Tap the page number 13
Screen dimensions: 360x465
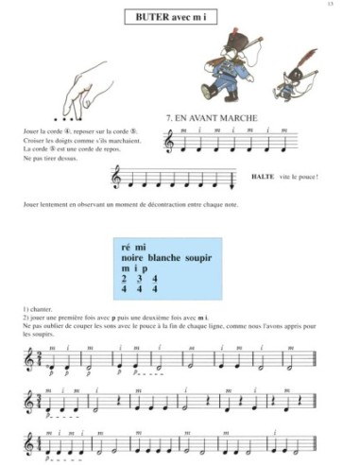(x=345, y=5)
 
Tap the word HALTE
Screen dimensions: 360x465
(x=265, y=177)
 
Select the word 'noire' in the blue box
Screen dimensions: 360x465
(x=139, y=258)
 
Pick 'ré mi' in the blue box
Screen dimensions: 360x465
(x=134, y=247)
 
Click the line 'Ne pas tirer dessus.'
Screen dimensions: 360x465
(x=46, y=159)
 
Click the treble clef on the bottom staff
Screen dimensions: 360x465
(x=27, y=441)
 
